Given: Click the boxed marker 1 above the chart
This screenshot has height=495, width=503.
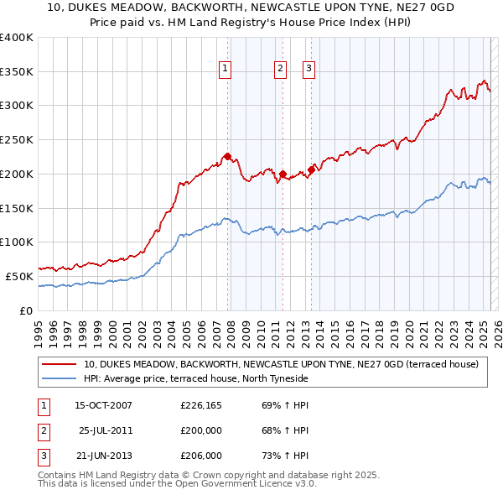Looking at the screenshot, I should click(226, 70).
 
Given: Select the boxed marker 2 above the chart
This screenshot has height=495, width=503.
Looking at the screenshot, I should click(280, 70).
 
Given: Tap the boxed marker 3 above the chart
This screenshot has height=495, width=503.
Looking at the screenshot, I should click(309, 70).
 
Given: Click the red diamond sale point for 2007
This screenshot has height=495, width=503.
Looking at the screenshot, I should click(227, 155).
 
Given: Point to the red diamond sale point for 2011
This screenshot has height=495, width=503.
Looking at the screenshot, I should click(283, 174).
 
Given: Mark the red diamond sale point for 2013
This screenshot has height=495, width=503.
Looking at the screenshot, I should click(311, 169).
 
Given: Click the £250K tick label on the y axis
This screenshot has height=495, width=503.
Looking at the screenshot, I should click(16, 139).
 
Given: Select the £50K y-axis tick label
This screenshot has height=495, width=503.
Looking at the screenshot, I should click(19, 276).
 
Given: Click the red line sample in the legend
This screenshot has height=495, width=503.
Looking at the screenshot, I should click(59, 365).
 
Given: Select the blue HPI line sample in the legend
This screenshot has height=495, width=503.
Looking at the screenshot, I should click(59, 378).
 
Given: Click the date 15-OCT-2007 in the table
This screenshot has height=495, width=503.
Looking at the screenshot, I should click(103, 406).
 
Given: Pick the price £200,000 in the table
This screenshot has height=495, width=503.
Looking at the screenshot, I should click(201, 430).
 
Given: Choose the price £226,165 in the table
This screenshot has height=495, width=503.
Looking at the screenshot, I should click(201, 406).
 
